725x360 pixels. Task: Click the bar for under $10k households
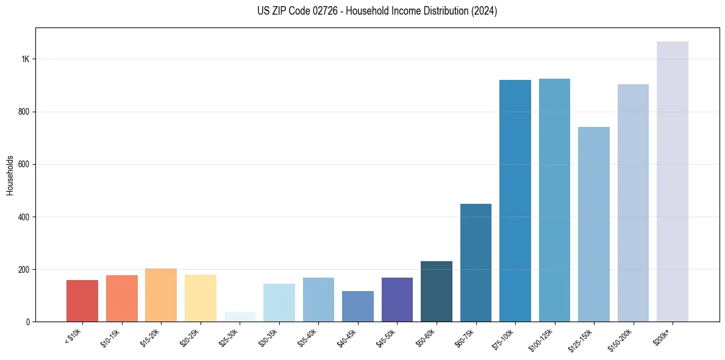tap(82, 301)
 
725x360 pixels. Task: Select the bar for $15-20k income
tap(161, 295)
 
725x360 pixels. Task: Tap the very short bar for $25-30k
tap(240, 317)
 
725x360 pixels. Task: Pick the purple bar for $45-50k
tap(397, 300)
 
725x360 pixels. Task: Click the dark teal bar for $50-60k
tap(437, 292)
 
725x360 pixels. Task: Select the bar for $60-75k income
tap(476, 263)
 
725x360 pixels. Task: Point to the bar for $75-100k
tap(515, 201)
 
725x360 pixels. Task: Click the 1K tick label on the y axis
tap(26, 59)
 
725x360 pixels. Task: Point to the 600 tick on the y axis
tap(24, 165)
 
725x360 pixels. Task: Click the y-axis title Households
tap(10, 175)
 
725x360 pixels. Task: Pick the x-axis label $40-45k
tap(346, 337)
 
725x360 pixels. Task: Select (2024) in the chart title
tap(482, 11)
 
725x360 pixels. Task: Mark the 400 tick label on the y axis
tap(24, 217)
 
